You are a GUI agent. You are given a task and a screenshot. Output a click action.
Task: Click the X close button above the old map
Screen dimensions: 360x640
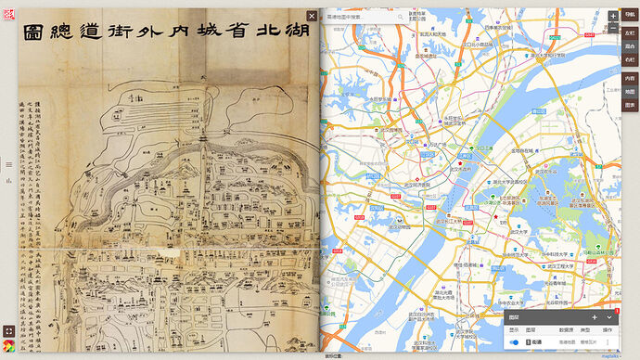312,16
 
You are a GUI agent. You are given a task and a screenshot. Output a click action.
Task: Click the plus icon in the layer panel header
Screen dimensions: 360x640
595,317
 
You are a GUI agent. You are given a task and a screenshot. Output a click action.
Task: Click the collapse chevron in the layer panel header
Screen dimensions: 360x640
608,317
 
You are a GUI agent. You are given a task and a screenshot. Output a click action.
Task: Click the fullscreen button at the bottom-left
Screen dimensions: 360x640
8,329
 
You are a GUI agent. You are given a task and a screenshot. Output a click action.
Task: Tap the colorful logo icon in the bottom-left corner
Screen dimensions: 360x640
8,347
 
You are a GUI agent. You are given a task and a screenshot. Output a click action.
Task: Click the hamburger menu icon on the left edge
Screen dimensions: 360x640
8,164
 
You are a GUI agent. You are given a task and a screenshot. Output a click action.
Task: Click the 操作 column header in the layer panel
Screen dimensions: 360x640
608,329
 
